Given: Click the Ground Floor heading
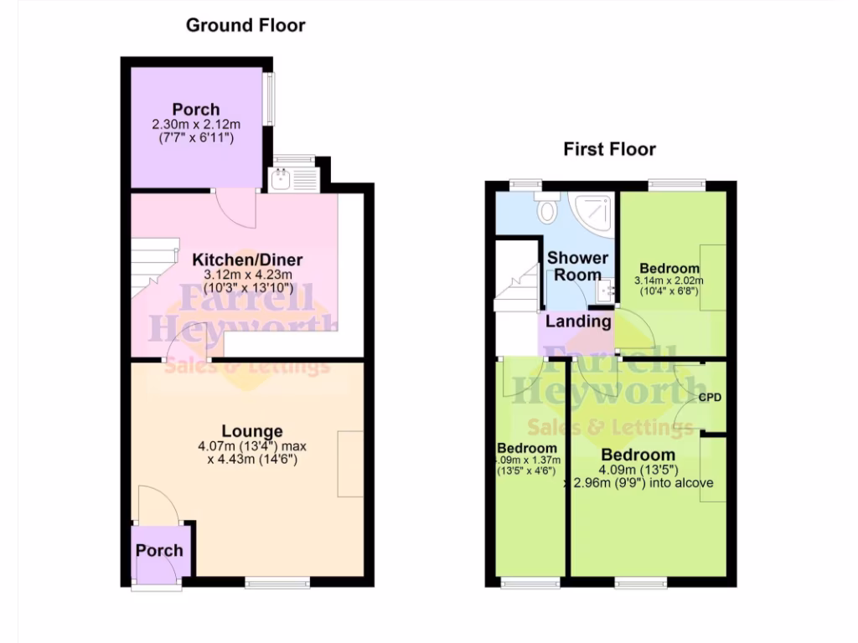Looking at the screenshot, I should click(246, 25).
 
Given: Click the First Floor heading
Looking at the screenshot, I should click(609, 150).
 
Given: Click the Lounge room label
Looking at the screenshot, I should click(252, 432).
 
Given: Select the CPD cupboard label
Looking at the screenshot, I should click(711, 397).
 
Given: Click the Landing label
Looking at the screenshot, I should click(578, 321).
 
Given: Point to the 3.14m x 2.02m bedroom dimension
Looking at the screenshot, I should click(669, 280).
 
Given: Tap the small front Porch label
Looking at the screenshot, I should click(159, 550).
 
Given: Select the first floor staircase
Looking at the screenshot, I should click(516, 289).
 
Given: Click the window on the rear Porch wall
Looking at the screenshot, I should click(270, 98).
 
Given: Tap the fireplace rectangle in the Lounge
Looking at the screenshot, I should click(350, 464).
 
